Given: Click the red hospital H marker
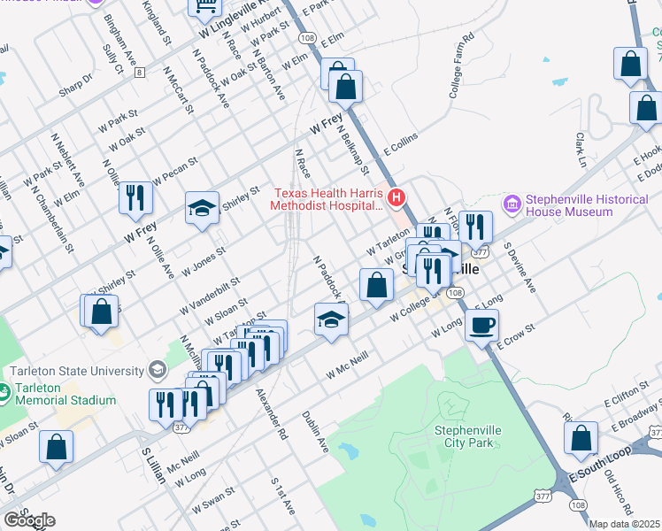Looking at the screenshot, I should [396, 196].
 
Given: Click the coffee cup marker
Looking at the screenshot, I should [481, 326].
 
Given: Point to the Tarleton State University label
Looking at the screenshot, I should [77, 371].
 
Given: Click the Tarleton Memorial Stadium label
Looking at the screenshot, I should [65, 394].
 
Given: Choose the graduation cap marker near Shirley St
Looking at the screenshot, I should [202, 209].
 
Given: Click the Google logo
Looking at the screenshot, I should [28, 519].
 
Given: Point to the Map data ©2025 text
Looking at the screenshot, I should [624, 524].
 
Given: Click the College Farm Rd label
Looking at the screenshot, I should [462, 67].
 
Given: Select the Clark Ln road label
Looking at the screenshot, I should [581, 150].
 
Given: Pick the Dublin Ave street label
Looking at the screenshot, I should [315, 432].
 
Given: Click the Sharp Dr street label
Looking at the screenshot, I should [76, 81].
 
